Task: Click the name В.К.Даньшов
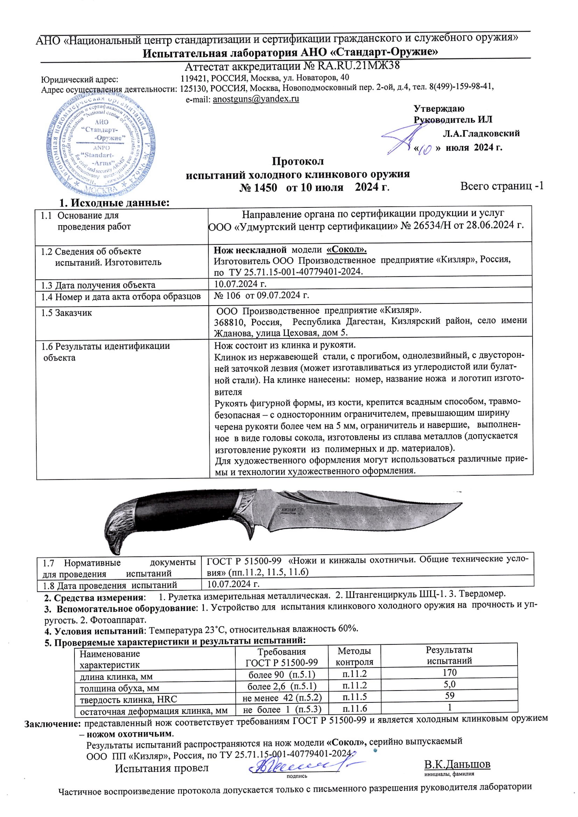pyautogui.click(x=457, y=764)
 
